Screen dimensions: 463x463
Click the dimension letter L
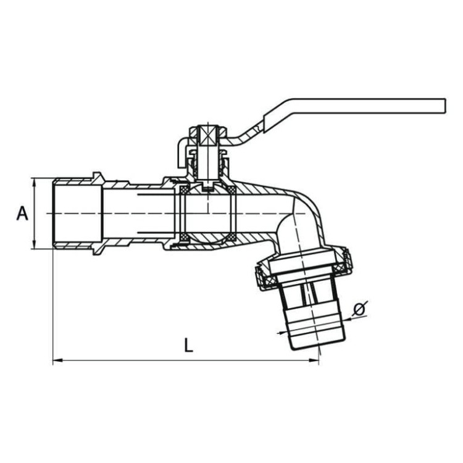pyautogui.click(x=188, y=344)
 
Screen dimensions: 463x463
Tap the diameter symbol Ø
pyautogui.click(x=361, y=307)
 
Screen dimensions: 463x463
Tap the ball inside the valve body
pyautogui.click(x=207, y=213)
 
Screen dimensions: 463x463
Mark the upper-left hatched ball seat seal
pyautogui.click(x=183, y=188)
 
